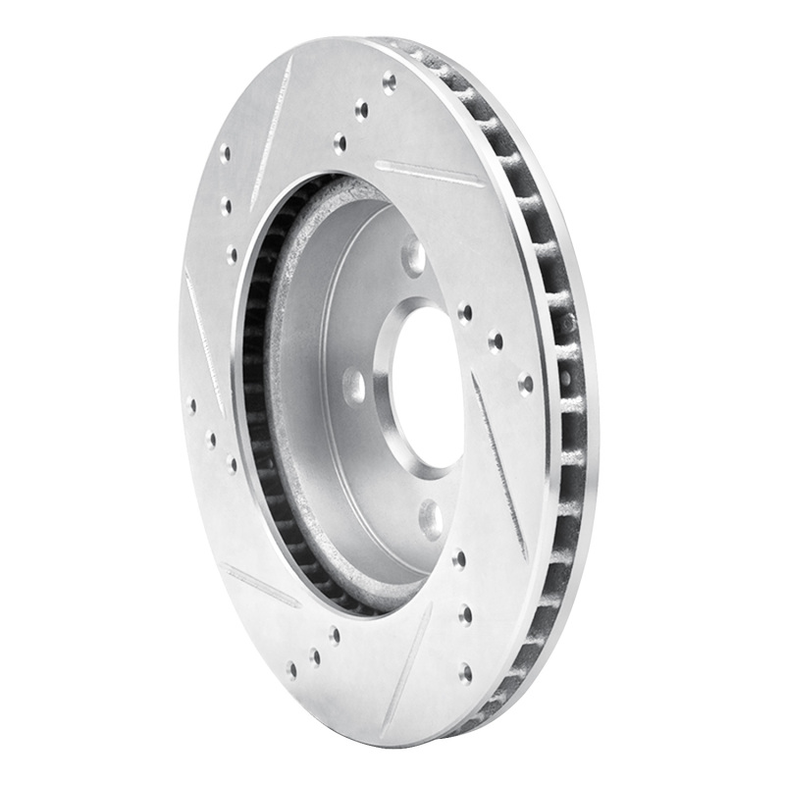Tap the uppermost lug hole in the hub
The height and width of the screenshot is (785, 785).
click(414, 257)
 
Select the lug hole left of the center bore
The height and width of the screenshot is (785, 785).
click(354, 386)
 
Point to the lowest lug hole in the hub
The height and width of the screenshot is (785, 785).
click(431, 518)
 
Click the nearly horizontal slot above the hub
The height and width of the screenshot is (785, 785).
click(429, 174)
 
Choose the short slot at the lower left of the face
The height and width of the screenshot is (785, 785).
click(261, 585)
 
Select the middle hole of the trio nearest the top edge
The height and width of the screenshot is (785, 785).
click(362, 110)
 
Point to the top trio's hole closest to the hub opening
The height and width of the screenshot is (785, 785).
click(340, 143)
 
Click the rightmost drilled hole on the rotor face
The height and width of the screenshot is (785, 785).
click(526, 384)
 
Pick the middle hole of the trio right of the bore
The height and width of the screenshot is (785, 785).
click(496, 342)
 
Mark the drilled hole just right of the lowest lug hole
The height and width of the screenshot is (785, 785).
click(459, 560)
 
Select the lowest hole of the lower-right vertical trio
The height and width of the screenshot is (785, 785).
click(464, 672)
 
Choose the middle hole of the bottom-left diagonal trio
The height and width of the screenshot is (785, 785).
click(314, 655)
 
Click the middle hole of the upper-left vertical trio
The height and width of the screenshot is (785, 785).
click(226, 206)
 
